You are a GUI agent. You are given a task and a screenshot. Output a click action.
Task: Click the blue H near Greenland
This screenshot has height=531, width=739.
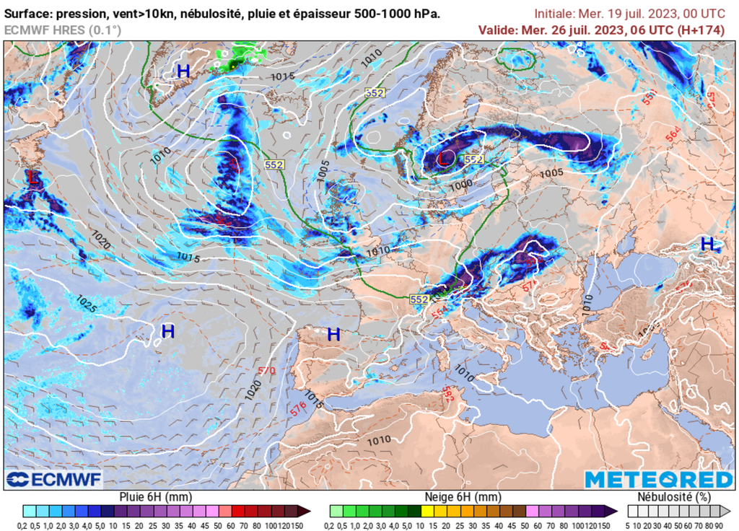pos(183,71)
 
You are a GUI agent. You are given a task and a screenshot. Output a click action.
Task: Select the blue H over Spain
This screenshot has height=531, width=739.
pos(333,335)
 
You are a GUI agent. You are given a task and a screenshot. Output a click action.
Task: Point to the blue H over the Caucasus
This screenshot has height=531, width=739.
pos(708,244)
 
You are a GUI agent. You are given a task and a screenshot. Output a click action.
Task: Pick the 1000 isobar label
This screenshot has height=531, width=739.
pos(460,184)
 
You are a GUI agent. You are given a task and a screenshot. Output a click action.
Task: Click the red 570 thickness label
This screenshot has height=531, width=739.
pos(266,371)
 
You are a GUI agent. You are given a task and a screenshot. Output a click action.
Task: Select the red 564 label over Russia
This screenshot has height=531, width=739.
pos(673,133)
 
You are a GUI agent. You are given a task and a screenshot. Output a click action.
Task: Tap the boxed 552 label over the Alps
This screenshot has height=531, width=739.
pos(419,299)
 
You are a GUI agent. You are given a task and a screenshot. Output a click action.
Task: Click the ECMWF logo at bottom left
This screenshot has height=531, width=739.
pos(54,479)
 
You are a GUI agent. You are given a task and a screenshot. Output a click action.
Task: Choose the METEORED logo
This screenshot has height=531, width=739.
pos(658,480)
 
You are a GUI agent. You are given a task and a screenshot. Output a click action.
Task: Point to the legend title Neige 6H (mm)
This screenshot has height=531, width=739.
pos(463,497)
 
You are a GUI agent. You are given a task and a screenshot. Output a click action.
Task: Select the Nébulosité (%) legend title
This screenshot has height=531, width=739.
pos(673,497)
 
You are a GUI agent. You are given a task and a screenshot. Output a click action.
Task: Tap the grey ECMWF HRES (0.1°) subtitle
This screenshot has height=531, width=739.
pos(63,30)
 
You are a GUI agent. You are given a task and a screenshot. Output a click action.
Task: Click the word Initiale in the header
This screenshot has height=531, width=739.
pos(556,14)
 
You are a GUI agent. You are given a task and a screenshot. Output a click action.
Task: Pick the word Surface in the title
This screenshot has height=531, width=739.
pos(29,14)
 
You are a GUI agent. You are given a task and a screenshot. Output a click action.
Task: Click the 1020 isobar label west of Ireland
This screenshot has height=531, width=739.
pos(101,240)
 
